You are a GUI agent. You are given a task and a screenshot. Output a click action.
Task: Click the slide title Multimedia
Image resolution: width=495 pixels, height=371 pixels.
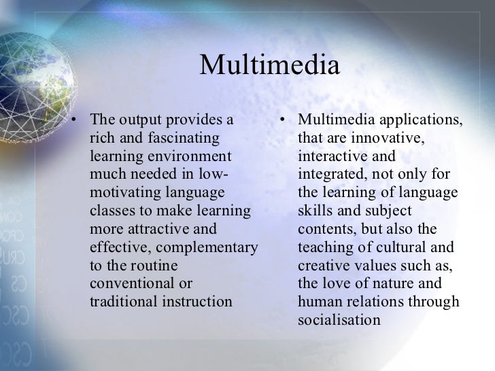pos(269,66)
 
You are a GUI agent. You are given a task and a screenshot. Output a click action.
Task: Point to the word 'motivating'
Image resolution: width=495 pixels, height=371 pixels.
pos(123,193)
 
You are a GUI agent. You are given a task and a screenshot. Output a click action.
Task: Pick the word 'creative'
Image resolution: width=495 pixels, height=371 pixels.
pos(324,265)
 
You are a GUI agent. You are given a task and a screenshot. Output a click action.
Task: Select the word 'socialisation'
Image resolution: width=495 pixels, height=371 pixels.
pos(339,319)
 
